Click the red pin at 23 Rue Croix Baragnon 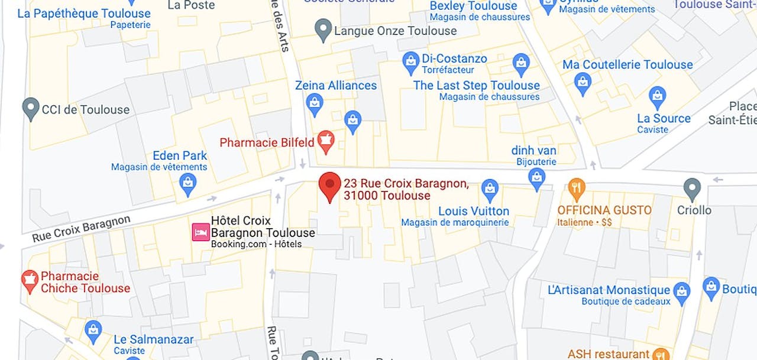[x=330, y=185]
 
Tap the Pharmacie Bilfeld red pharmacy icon [x=325, y=141]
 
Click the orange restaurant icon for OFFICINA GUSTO [x=576, y=189]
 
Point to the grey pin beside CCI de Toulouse [x=30, y=109]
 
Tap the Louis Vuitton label [x=473, y=211]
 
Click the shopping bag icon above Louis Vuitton [x=490, y=190]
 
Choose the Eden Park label [x=180, y=155]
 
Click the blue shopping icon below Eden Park [x=188, y=184]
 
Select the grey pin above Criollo [x=692, y=189]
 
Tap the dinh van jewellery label [x=533, y=151]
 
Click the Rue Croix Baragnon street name [x=81, y=229]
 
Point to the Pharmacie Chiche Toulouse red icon [x=30, y=281]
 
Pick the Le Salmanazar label [x=153, y=339]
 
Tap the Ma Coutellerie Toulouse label [x=627, y=64]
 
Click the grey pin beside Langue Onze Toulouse [x=323, y=30]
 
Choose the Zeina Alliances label [x=336, y=85]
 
